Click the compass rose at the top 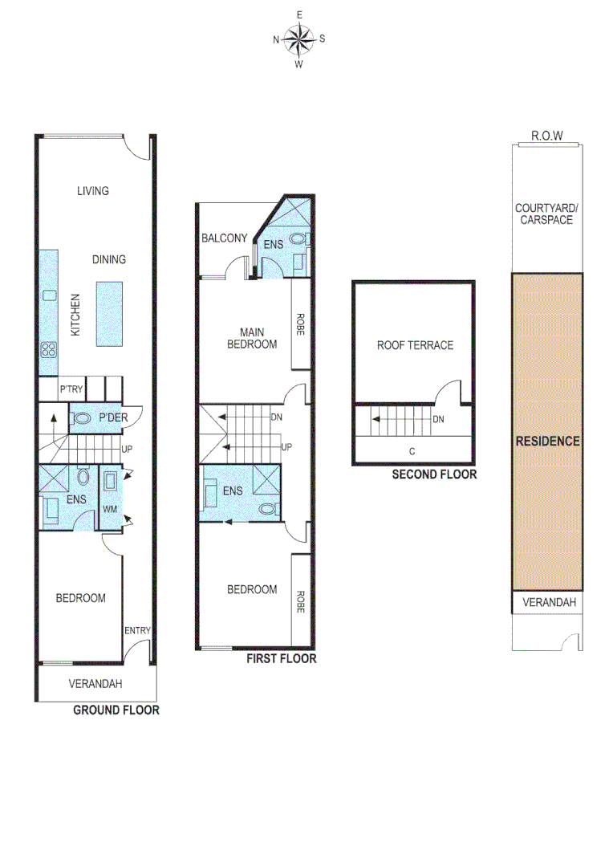pos(298,38)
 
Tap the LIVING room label pos(93,191)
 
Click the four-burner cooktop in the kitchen pos(48,349)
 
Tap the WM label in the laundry pos(109,508)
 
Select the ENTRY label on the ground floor pos(137,630)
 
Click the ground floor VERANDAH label pos(97,684)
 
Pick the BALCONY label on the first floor pos(225,238)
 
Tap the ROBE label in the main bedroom pos(300,324)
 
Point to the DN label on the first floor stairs pos(276,417)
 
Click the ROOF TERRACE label pos(415,345)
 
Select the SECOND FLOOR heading pos(434,474)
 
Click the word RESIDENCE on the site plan pos(547,442)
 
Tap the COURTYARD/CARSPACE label pos(546,214)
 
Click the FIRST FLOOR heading pos(282,659)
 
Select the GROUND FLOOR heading pos(116,710)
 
